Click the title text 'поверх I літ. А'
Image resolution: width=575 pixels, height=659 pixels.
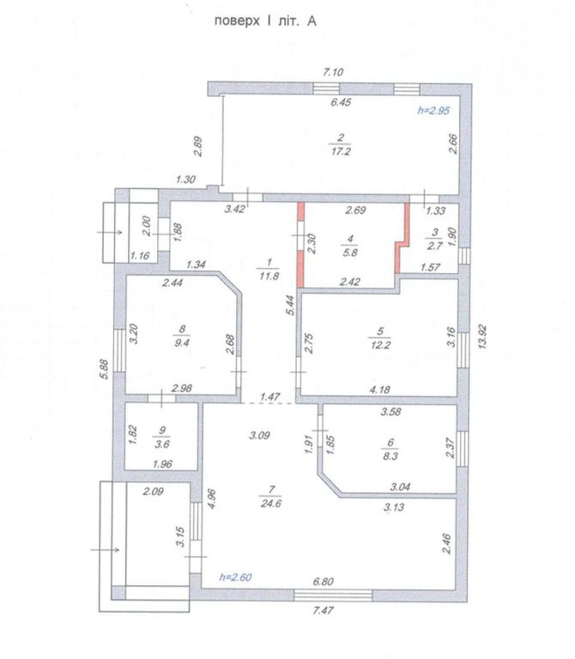[x=265, y=21]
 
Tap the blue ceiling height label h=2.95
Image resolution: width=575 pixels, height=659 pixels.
[x=433, y=111]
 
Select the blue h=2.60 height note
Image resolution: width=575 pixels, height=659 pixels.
[x=235, y=577]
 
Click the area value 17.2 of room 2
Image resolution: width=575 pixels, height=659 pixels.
[x=341, y=151]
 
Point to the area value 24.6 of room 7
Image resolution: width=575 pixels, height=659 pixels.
[x=270, y=503]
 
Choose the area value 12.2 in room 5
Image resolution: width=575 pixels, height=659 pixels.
[x=380, y=345]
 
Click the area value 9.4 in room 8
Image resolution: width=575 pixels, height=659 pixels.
[x=182, y=343]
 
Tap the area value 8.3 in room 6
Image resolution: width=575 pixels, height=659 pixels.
[x=390, y=456]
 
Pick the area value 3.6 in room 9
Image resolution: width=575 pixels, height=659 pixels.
[x=162, y=444]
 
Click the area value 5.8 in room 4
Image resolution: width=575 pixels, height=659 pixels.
[x=350, y=253]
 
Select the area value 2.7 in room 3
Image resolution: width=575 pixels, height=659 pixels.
[x=435, y=246]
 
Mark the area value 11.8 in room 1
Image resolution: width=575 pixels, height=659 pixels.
[x=269, y=276]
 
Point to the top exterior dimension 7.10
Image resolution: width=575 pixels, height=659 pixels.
[x=333, y=72]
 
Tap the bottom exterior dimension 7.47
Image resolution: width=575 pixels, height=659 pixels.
[x=324, y=610]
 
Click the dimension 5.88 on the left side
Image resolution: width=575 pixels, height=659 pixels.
[x=105, y=369]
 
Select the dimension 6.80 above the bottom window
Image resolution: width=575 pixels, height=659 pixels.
[x=324, y=582]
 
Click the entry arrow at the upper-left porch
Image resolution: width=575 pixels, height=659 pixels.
[x=110, y=232]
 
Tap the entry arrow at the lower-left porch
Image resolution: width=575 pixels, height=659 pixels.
[x=106, y=549]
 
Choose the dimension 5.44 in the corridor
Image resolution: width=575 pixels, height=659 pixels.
[x=290, y=305]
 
